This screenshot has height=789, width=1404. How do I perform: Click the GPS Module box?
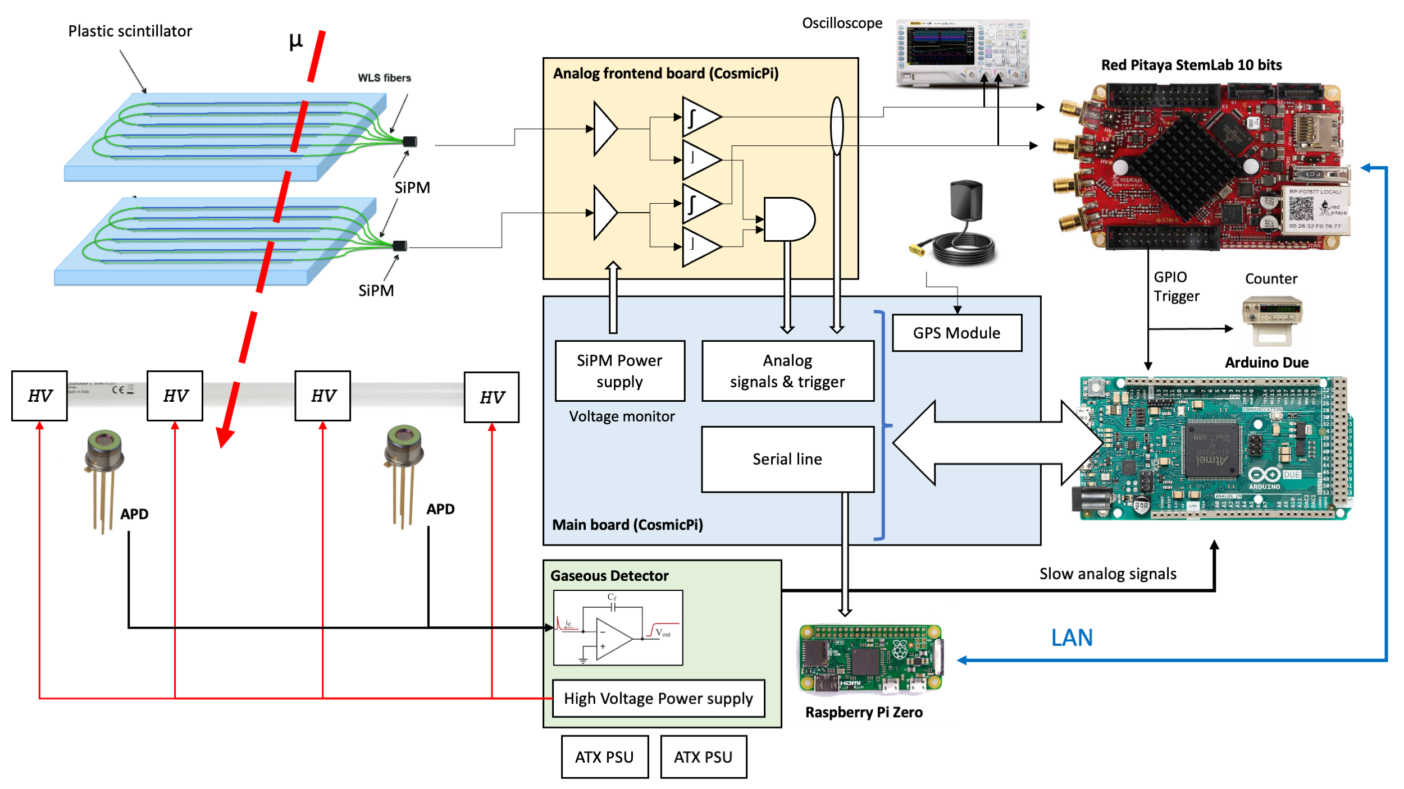956,333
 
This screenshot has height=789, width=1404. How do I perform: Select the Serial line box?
787,459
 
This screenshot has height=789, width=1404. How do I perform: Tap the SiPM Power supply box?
619,370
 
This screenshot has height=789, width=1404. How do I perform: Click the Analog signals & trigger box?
787,370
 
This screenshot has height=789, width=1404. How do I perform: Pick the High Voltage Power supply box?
658,698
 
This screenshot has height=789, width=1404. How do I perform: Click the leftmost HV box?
39,396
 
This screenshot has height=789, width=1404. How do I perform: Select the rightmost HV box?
491,397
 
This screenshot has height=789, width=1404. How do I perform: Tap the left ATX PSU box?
604,757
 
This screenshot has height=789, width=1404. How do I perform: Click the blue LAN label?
1072,637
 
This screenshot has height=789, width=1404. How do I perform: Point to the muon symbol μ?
295,40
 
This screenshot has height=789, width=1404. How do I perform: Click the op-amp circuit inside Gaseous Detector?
618,627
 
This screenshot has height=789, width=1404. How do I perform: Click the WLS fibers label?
384,78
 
